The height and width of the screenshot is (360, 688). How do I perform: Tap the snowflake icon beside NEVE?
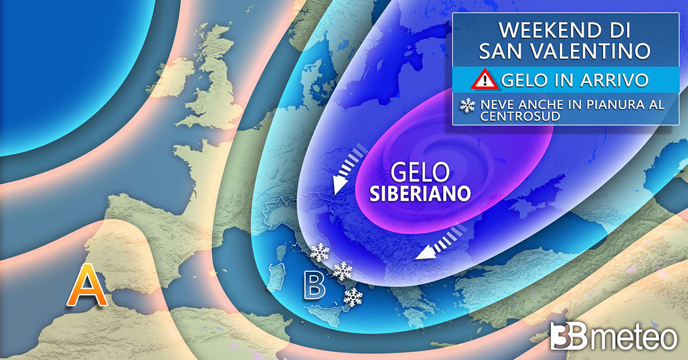click(468, 105)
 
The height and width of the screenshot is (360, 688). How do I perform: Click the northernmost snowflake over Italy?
click(319, 252)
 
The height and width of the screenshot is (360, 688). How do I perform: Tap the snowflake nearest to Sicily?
click(353, 296)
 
